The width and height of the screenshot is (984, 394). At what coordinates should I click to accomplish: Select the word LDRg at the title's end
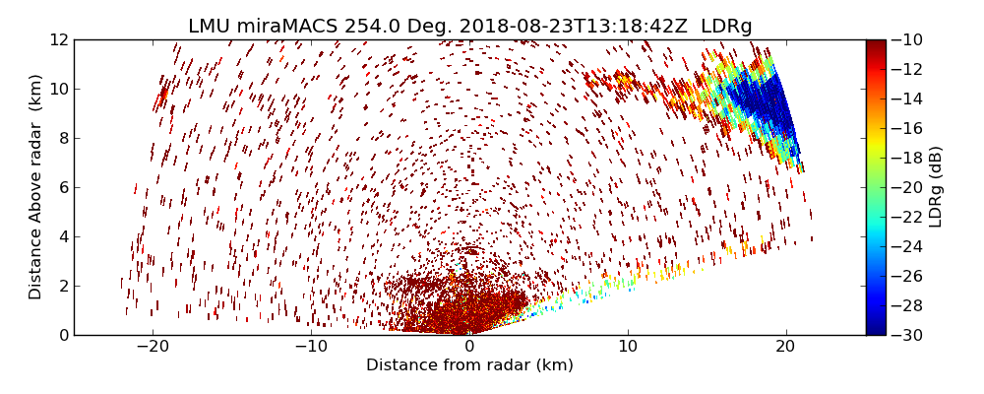726,27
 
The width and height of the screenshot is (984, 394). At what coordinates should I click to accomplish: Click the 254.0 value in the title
358,27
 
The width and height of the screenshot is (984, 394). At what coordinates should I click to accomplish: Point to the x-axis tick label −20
153,347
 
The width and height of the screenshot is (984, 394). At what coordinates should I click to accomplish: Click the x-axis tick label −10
311,347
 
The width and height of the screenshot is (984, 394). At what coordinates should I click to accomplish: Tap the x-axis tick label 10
628,347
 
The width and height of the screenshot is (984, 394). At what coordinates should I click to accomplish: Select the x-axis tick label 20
785,347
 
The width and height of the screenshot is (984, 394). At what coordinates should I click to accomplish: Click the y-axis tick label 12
59,39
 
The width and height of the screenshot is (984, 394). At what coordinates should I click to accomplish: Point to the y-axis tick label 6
63,187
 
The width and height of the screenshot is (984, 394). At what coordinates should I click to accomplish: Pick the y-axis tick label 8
63,138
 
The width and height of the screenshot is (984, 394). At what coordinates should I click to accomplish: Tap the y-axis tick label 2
63,286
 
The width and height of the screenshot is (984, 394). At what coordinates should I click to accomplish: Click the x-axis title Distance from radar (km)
469,365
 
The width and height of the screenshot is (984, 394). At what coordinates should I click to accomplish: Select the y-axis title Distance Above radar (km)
36,187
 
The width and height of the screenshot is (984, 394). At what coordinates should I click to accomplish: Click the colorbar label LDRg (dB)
936,187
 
